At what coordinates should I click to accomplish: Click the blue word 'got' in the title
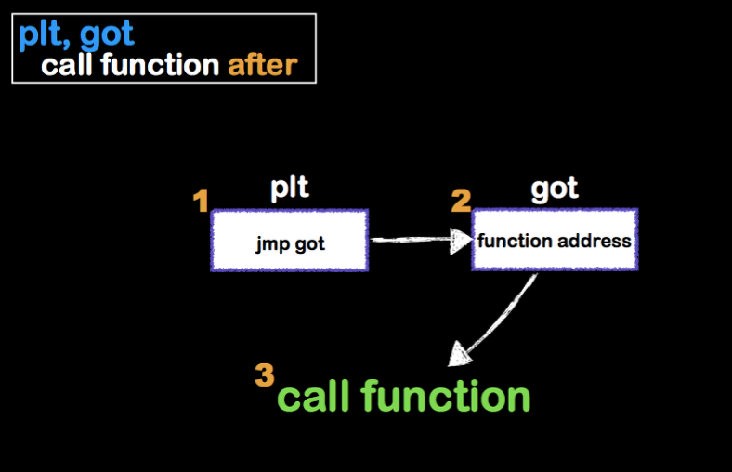[x=107, y=35]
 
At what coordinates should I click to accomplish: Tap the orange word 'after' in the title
[x=262, y=65]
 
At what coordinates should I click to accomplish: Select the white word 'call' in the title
[x=71, y=65]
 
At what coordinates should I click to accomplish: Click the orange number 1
[x=201, y=201]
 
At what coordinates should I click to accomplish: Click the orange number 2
[x=461, y=200]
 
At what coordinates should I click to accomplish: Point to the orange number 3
[x=265, y=375]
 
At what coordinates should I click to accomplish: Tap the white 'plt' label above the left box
[x=289, y=188]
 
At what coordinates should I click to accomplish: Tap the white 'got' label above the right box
[x=555, y=189]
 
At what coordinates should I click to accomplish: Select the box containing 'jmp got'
[x=290, y=240]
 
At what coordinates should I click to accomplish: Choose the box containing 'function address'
[x=555, y=240]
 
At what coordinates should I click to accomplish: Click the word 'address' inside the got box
[x=595, y=241]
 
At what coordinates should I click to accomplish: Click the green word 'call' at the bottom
[x=314, y=397]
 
